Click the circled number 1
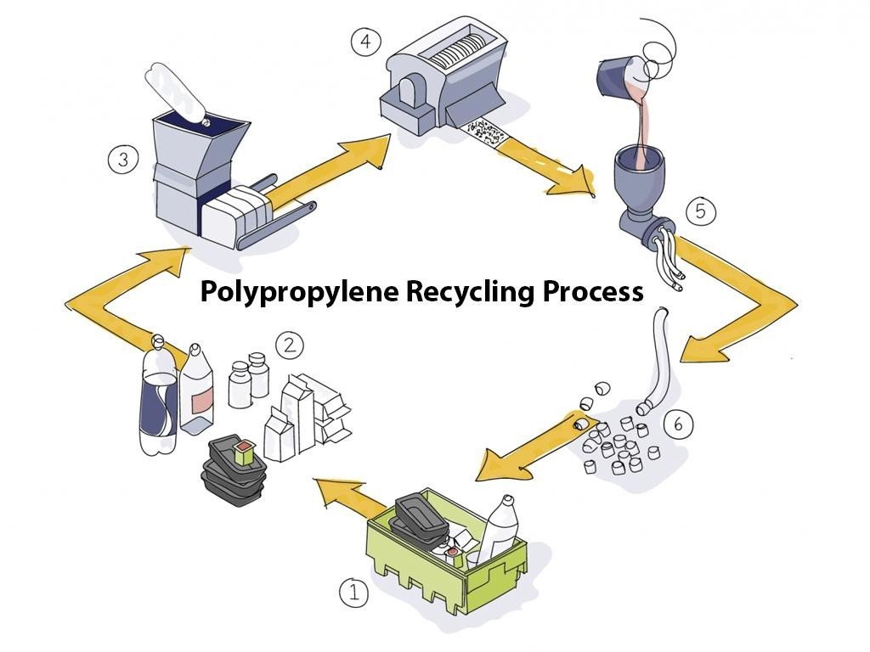click(353, 592)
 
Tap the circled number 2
click(290, 346)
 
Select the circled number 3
click(122, 159)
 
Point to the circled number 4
click(365, 41)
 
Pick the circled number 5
click(701, 211)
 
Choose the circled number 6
click(678, 424)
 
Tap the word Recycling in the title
click(471, 292)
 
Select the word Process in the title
click(593, 290)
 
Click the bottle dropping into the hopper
click(178, 94)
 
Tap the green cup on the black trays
click(244, 452)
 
